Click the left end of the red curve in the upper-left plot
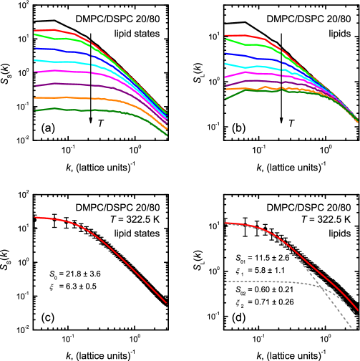(x=35, y=30)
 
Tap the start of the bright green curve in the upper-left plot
(x=35, y=34)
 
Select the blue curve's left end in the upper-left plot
(x=35, y=48)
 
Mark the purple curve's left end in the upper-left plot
(x=35, y=85)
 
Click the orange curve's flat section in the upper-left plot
(x=64, y=97)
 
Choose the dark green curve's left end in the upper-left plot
(x=35, y=110)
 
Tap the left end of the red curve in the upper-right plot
(x=225, y=35)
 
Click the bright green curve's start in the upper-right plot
(x=225, y=39)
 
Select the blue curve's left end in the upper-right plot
(x=225, y=53)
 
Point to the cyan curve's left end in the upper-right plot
(x=225, y=64)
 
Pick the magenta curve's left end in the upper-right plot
(x=225, y=76)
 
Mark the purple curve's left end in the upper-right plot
(x=225, y=85)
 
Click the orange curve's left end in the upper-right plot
(x=225, y=90)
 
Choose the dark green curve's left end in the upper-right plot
(x=225, y=98)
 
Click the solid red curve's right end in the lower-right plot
(x=358, y=311)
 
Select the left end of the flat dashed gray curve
(x=226, y=281)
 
